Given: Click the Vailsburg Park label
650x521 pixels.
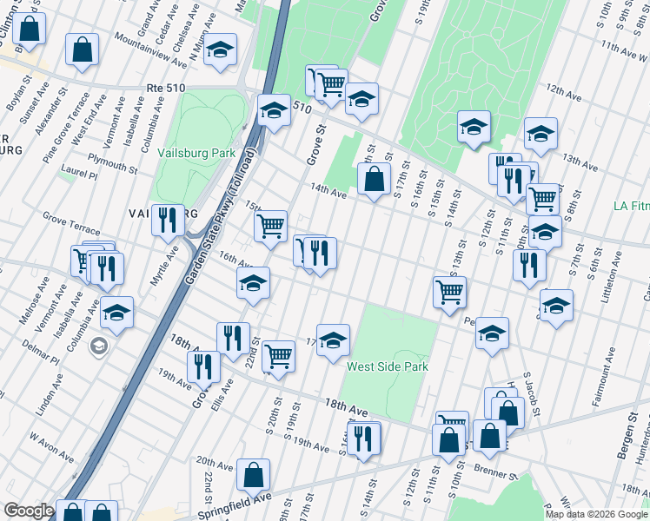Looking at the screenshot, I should [x=196, y=153].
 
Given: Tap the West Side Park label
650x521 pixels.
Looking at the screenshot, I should [x=388, y=366].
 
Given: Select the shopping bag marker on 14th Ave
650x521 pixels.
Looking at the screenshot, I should [x=374, y=180].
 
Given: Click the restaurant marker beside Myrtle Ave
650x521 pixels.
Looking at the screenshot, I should [x=168, y=220].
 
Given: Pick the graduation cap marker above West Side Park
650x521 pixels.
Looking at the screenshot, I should [x=332, y=341].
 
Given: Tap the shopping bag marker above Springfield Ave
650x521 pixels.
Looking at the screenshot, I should [x=254, y=475].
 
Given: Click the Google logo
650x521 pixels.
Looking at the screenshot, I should [x=28, y=511].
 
